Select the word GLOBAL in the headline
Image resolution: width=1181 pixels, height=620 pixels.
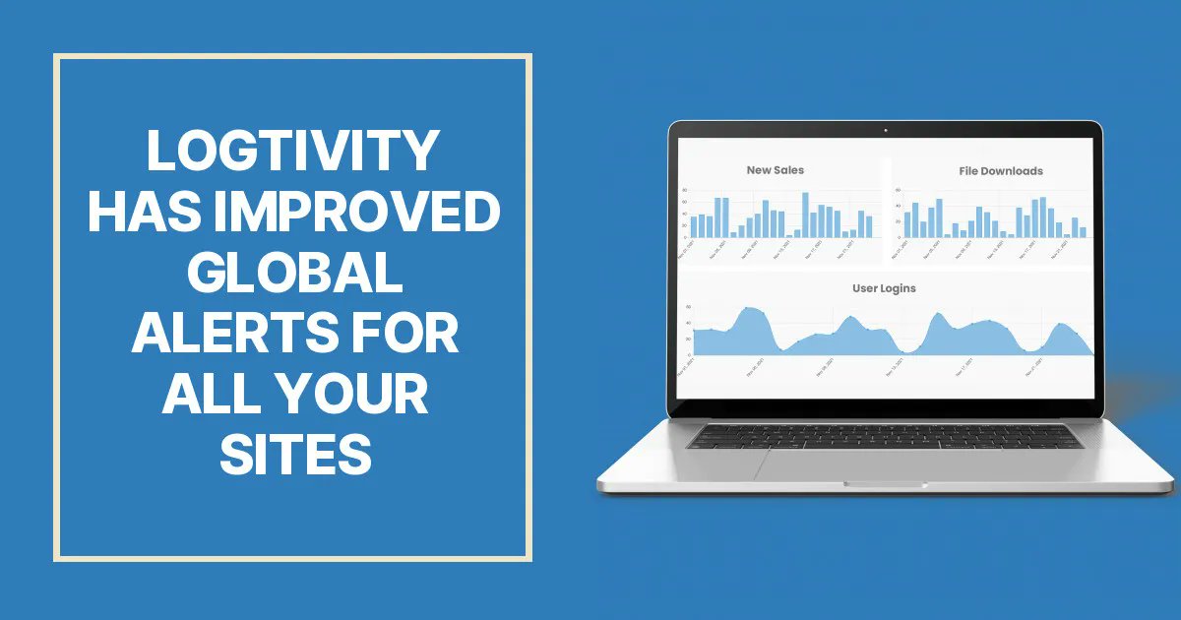point(294,273)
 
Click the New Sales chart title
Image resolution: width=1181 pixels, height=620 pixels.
point(775,170)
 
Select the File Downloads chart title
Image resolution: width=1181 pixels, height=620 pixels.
point(1000,171)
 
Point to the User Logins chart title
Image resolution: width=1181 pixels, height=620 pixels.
point(883,288)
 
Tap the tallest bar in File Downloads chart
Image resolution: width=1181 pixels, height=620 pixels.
point(1042,217)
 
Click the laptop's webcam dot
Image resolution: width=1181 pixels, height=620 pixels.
point(885,130)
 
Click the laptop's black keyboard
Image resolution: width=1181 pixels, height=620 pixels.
point(885,436)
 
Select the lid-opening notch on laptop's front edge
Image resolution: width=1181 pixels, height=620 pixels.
point(885,483)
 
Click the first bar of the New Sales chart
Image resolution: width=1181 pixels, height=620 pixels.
point(693,226)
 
